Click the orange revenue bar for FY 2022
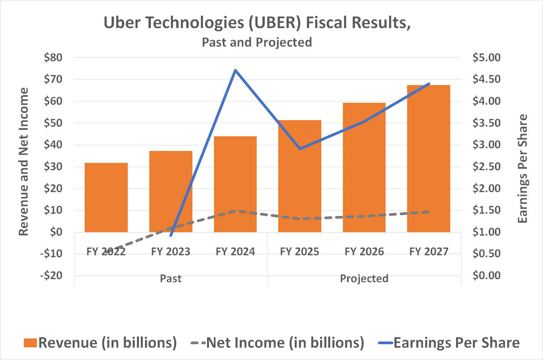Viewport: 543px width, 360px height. point(106,198)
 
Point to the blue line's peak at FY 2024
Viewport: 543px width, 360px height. point(235,70)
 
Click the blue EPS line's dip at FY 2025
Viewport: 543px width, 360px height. point(300,149)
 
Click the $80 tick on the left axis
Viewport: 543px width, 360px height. point(53,58)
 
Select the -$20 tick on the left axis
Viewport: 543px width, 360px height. point(51,275)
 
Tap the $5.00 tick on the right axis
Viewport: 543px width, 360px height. point(486,58)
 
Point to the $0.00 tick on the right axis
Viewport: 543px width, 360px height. point(486,275)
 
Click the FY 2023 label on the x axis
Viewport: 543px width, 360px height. point(170,252)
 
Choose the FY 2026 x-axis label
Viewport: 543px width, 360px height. point(364,252)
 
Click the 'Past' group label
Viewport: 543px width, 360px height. point(170,278)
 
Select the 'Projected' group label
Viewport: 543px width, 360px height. point(364,278)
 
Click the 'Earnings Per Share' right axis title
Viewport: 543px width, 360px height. point(522,169)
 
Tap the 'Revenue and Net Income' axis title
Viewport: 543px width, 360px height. point(24,162)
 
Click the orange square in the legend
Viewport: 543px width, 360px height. point(30,343)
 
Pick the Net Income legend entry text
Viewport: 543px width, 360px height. point(285,343)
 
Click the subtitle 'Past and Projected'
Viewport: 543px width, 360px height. point(257,42)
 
